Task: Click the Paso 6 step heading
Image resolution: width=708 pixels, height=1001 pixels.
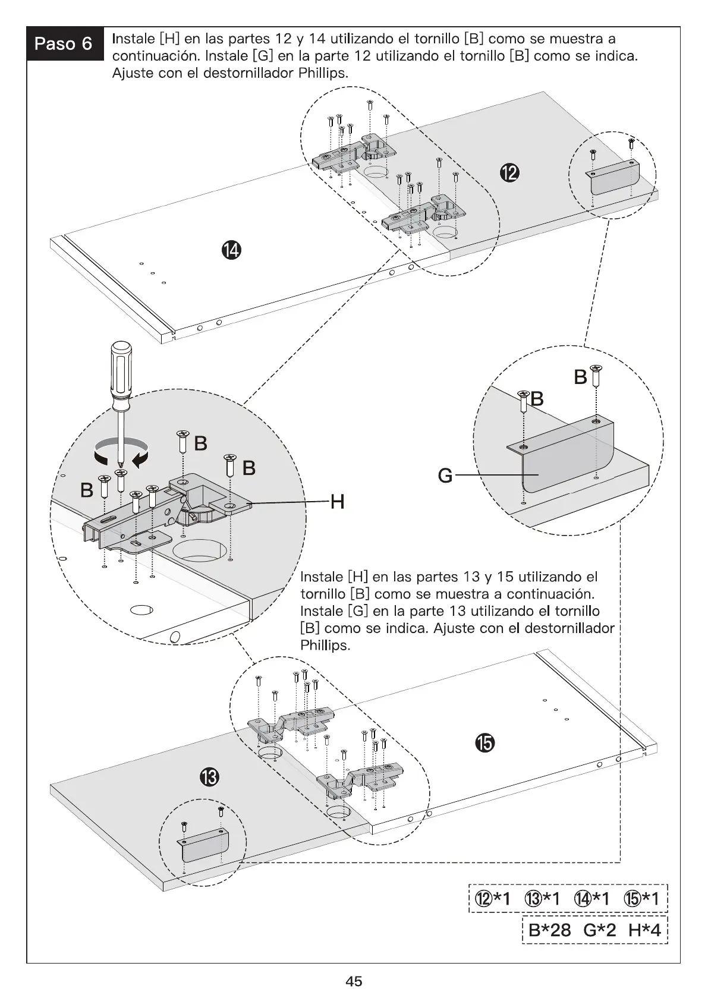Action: pos(64,43)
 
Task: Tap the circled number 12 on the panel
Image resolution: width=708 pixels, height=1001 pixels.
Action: pos(509,173)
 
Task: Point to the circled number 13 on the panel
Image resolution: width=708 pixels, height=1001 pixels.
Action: pos(209,777)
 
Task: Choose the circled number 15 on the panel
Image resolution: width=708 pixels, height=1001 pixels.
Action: pos(484,742)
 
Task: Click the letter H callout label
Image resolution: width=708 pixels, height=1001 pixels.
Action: pos(337,503)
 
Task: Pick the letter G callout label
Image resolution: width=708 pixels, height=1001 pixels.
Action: pos(445,476)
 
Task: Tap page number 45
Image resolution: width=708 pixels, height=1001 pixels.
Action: pos(354,981)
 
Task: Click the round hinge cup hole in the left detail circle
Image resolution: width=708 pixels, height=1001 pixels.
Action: pos(199,551)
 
